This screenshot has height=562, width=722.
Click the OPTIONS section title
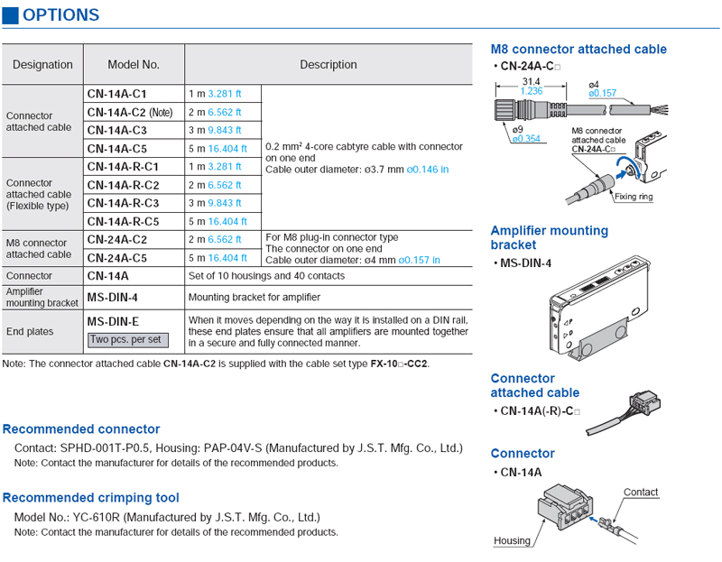(60, 15)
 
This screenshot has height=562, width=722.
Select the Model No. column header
(134, 65)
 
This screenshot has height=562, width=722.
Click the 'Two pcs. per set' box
(126, 340)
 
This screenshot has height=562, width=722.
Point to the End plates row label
(30, 331)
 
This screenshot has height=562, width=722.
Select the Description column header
(329, 65)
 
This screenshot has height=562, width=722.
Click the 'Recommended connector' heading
(81, 429)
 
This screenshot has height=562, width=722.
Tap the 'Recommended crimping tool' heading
(91, 498)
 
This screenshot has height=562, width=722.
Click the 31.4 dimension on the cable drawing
(532, 82)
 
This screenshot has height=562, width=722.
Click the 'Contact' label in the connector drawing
(641, 493)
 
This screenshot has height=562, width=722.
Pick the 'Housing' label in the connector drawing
(512, 541)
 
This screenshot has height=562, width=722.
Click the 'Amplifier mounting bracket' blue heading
(549, 237)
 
